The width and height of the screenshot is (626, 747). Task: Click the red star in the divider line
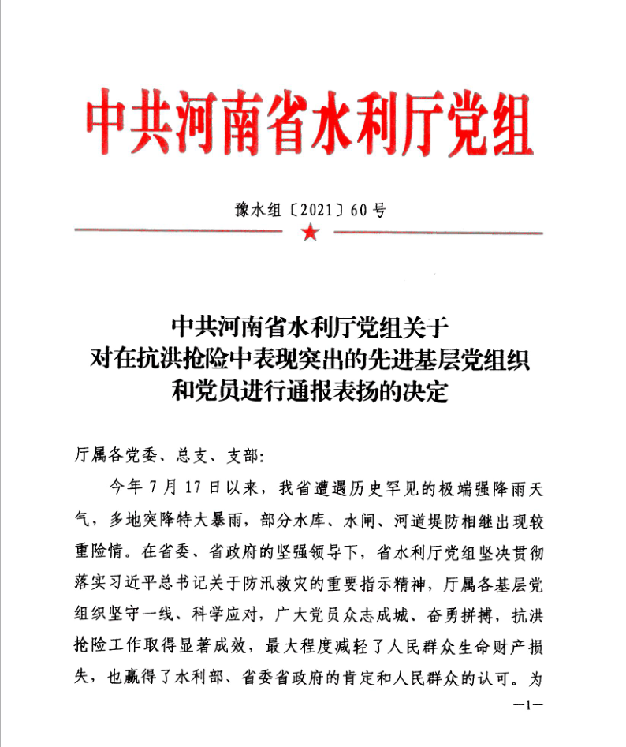point(310,233)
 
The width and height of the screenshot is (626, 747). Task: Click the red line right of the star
point(438,233)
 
